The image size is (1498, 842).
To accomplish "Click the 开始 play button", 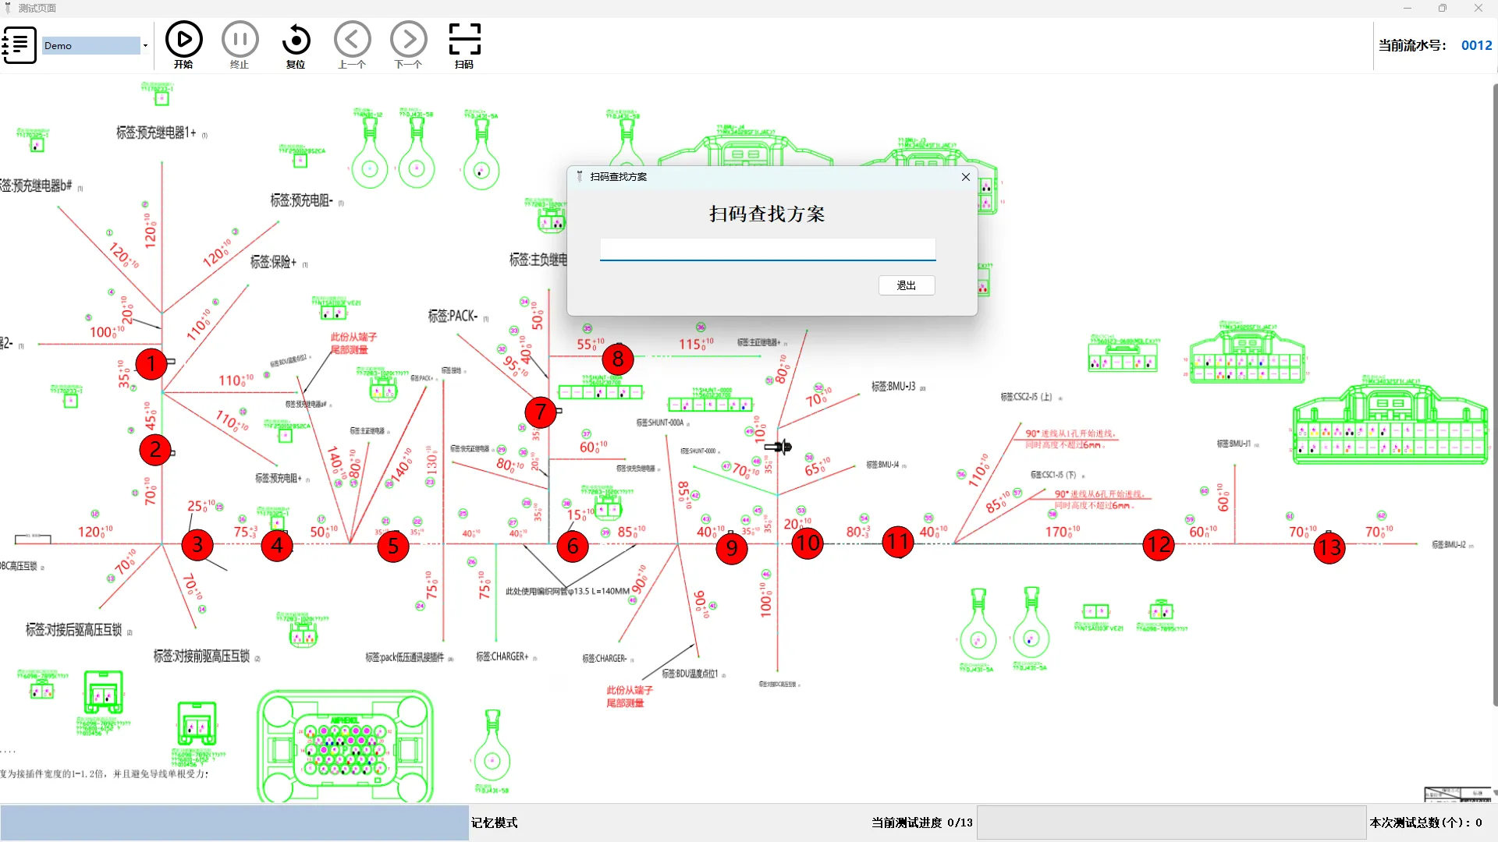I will coord(184,40).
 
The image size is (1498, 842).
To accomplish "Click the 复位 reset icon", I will coord(296,40).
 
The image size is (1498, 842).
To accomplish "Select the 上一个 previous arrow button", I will coord(352,40).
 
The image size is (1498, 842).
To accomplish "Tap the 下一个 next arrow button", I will coord(408,40).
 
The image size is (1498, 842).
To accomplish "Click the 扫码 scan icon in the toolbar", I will coord(464,40).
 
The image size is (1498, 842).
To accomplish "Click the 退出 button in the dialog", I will coord(906,285).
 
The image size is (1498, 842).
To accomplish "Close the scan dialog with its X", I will coord(966,177).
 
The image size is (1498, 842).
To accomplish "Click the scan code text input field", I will coord(767,249).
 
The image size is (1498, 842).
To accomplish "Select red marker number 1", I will coord(151,363).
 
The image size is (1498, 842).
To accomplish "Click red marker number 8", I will coord(618,359).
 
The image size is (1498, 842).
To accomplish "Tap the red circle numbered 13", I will coord(1329,547).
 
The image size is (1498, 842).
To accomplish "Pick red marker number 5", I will coord(393,547).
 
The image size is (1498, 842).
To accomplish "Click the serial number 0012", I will coord(1476,45).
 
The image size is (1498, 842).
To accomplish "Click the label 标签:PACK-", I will coord(453,316).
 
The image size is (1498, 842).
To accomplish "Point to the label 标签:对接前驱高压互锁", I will coord(201,656).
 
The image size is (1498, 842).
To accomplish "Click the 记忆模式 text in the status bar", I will coord(495,823).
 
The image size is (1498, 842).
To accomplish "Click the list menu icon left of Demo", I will coord(20,45).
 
